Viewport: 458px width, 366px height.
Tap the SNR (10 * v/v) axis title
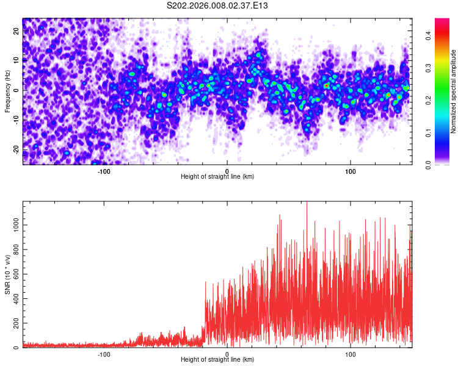(x=7, y=274)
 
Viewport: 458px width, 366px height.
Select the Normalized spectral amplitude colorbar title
(x=454, y=91)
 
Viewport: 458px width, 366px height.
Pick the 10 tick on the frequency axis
(x=17, y=59)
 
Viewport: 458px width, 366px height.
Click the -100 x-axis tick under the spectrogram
(x=104, y=171)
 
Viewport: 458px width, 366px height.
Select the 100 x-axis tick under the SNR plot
(x=351, y=354)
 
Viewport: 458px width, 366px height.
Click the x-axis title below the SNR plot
(x=217, y=360)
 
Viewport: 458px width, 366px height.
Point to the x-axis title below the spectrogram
(x=217, y=177)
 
